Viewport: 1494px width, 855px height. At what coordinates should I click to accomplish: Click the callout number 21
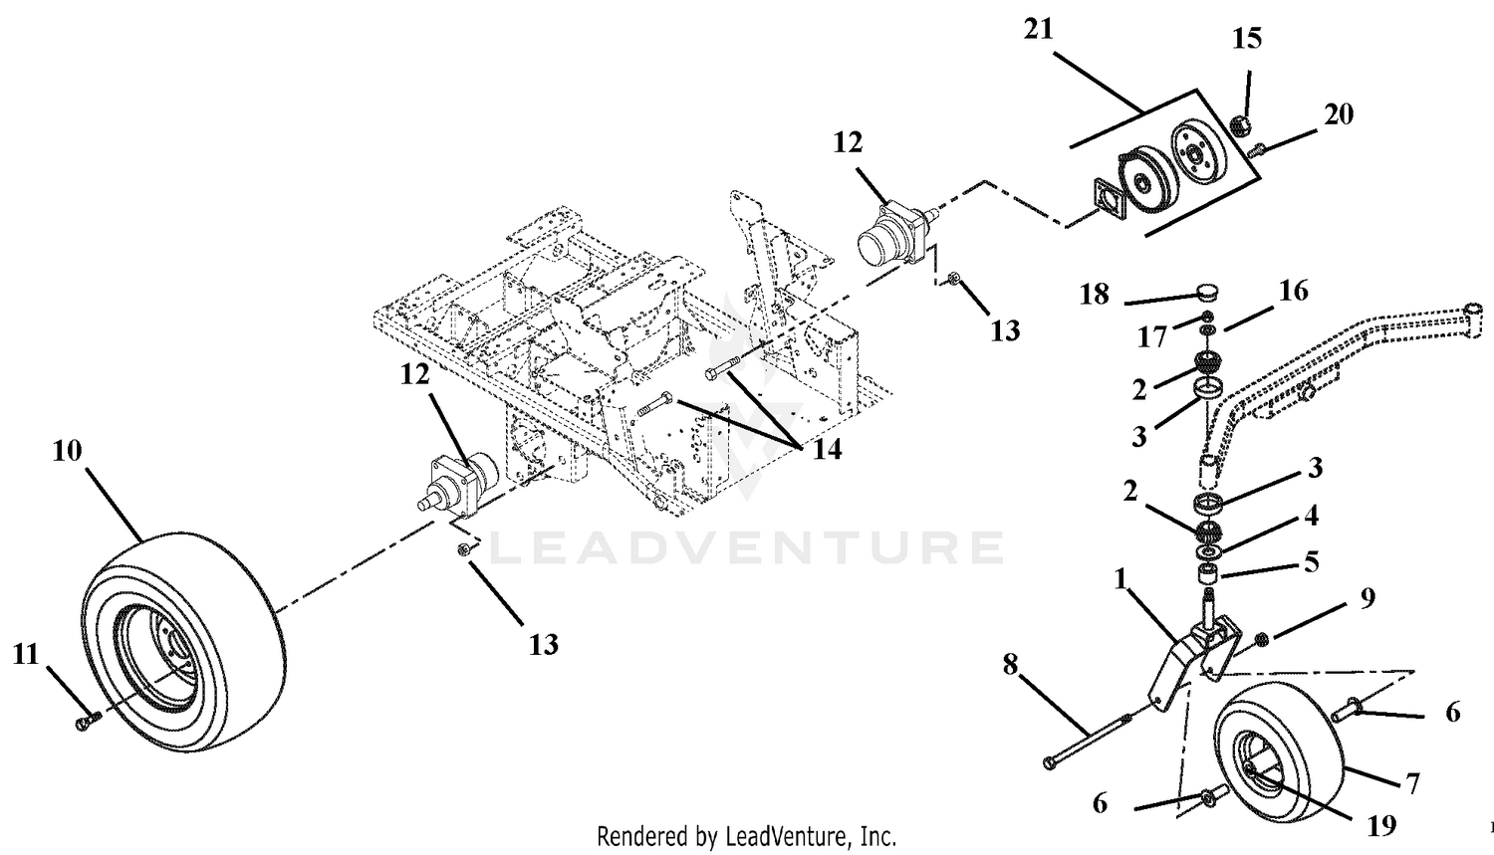(x=1039, y=29)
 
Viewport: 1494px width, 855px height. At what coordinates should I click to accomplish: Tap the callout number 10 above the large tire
(x=67, y=451)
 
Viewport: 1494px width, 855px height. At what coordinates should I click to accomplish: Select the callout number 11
(x=26, y=655)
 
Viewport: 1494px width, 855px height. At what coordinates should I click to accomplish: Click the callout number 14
(x=827, y=450)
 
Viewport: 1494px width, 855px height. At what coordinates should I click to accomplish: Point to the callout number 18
(x=1095, y=294)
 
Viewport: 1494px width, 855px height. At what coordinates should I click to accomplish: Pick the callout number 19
(x=1382, y=826)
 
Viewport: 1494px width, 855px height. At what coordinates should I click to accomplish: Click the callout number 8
(x=1011, y=664)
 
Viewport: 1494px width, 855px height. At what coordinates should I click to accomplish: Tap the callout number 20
(x=1339, y=114)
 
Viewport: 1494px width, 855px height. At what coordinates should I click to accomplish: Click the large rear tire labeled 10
(x=184, y=641)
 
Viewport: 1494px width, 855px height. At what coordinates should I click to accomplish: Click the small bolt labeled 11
(x=88, y=721)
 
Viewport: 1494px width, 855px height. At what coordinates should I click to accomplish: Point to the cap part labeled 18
(x=1208, y=291)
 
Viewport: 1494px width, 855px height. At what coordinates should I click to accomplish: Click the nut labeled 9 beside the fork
(x=1256, y=640)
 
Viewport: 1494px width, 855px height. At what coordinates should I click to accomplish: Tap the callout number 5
(x=1312, y=562)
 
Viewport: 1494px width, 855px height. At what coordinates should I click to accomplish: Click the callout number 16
(x=1294, y=292)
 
